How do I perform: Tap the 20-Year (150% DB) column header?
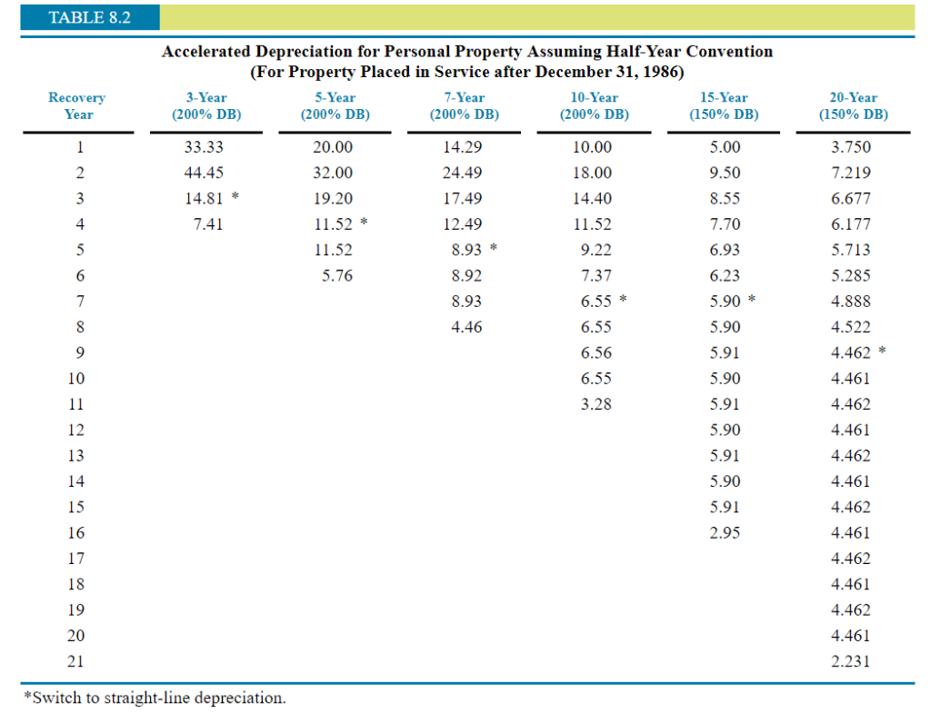[853, 105]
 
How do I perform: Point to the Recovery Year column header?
[77, 105]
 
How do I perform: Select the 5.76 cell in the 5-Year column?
[337, 275]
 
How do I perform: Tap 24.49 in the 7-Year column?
[466, 173]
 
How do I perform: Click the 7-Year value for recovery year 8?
[466, 327]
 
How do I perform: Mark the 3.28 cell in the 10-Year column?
[596, 404]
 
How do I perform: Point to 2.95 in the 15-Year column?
[725, 533]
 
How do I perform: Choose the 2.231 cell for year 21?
[851, 662]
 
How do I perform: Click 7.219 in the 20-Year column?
[851, 173]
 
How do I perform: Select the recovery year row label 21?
[78, 662]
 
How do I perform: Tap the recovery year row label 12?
[78, 430]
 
